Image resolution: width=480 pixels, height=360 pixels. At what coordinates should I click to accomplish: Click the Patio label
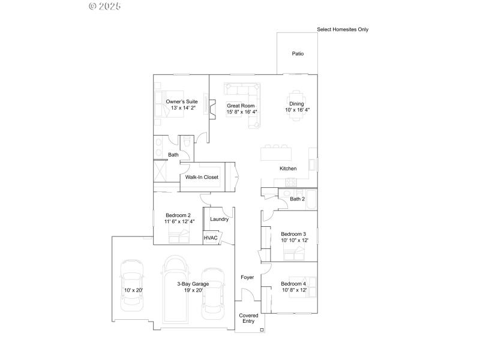point(298,53)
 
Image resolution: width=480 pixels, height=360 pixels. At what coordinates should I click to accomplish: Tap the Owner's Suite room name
point(182,101)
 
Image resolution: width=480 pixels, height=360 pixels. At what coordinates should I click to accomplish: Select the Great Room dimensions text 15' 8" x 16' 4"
point(242,112)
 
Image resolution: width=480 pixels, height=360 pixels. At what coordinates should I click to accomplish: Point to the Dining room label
point(297,104)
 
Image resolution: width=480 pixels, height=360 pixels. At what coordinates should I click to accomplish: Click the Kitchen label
point(288,169)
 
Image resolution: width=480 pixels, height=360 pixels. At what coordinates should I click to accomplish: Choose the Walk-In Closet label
point(202,177)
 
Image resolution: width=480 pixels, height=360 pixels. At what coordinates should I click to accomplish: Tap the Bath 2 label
point(298,199)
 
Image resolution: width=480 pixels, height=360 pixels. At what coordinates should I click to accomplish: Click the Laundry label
point(219,219)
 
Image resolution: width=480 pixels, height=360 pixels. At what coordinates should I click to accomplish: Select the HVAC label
point(211,238)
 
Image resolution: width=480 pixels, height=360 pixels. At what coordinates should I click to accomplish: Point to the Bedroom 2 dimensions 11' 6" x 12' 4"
point(178,221)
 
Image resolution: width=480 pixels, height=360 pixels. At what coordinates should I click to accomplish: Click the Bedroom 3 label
point(293,234)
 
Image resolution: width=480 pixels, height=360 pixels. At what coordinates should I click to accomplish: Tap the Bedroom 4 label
point(293,283)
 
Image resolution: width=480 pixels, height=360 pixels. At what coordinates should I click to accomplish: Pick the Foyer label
point(247,277)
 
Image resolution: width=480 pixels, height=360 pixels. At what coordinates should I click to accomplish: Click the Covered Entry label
point(249,318)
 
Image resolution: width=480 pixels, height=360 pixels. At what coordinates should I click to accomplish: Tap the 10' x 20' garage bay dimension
point(133,290)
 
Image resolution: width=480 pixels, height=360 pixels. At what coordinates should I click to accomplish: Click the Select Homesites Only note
point(343,29)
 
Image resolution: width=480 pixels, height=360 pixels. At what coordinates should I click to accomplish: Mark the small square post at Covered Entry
point(262,329)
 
